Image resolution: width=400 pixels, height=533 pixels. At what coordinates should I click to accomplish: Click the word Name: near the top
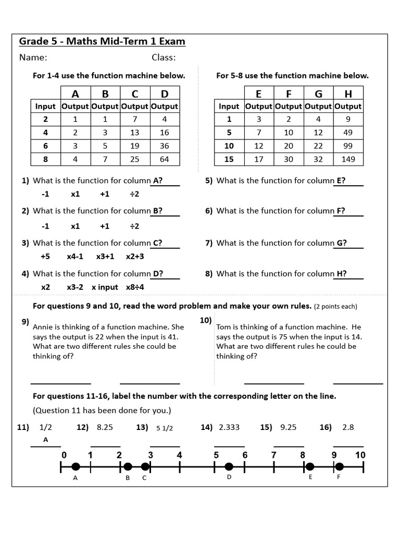(x=33, y=58)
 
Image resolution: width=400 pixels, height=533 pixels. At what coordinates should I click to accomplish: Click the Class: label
(x=164, y=58)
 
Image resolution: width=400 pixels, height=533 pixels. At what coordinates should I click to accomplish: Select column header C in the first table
(x=135, y=94)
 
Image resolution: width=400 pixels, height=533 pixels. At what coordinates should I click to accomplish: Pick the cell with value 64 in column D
(x=165, y=159)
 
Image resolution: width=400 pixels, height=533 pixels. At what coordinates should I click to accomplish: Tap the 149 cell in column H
(x=348, y=159)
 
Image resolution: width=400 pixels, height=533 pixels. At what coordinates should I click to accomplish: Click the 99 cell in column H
(x=348, y=146)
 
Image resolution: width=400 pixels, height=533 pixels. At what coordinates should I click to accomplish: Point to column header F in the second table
(x=289, y=94)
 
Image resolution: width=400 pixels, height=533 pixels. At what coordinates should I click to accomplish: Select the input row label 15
(x=229, y=159)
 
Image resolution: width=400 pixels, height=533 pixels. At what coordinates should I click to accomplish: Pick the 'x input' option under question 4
(x=105, y=287)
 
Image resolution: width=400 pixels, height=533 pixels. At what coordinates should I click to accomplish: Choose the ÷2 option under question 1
(x=134, y=194)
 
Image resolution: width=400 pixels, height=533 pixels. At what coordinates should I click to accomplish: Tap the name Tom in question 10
(x=224, y=327)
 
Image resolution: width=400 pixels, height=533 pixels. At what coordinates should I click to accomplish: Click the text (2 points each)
(x=335, y=306)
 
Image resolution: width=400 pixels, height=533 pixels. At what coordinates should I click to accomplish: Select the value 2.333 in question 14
(x=229, y=427)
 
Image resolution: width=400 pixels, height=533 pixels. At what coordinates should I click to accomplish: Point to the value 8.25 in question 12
(x=105, y=427)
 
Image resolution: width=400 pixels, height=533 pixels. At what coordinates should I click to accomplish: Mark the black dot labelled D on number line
(x=229, y=466)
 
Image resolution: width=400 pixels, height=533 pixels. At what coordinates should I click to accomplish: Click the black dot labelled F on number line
(x=339, y=466)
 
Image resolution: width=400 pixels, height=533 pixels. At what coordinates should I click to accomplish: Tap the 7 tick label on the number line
(x=273, y=455)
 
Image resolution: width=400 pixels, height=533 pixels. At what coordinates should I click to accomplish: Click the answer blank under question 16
(x=348, y=446)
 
